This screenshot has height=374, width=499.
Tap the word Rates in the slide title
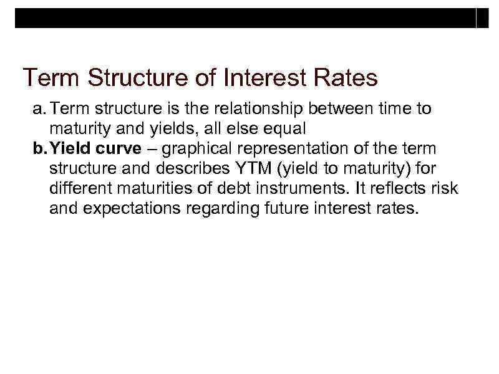pos(345,79)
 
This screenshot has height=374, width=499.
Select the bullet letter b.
pos(37,149)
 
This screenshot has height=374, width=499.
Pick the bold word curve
pos(119,149)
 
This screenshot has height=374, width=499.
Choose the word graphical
pos(201,149)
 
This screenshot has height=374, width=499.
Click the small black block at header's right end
pos(482,18)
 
